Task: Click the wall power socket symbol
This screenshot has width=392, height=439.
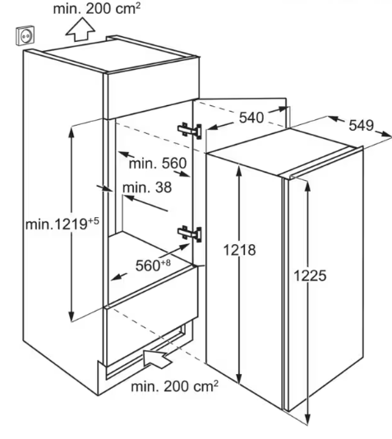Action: [x=25, y=35]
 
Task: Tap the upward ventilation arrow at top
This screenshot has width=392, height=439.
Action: [x=81, y=29]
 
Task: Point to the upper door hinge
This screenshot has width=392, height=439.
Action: [x=190, y=130]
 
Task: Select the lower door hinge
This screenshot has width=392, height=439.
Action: [x=190, y=233]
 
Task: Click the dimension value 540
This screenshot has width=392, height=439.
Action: [x=251, y=118]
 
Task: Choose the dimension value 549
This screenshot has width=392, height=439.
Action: [x=362, y=125]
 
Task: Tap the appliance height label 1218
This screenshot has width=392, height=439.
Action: [x=239, y=250]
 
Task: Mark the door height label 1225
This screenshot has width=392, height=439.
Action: [x=310, y=275]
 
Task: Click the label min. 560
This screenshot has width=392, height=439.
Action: [x=158, y=164]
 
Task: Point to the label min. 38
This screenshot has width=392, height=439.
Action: [x=147, y=187]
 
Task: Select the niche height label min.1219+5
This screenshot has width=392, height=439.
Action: [x=62, y=224]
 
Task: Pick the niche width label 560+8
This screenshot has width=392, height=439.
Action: [x=153, y=265]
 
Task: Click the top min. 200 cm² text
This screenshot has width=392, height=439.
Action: [x=96, y=8]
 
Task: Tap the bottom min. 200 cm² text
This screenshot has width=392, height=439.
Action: [x=174, y=386]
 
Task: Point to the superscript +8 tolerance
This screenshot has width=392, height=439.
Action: [x=166, y=262]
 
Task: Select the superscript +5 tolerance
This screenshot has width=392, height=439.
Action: [x=94, y=221]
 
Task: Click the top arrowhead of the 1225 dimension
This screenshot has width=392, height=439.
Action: [x=308, y=186]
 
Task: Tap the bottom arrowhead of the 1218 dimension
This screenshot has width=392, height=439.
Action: [x=238, y=378]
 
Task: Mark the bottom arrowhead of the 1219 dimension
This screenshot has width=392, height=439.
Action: [x=71, y=317]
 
